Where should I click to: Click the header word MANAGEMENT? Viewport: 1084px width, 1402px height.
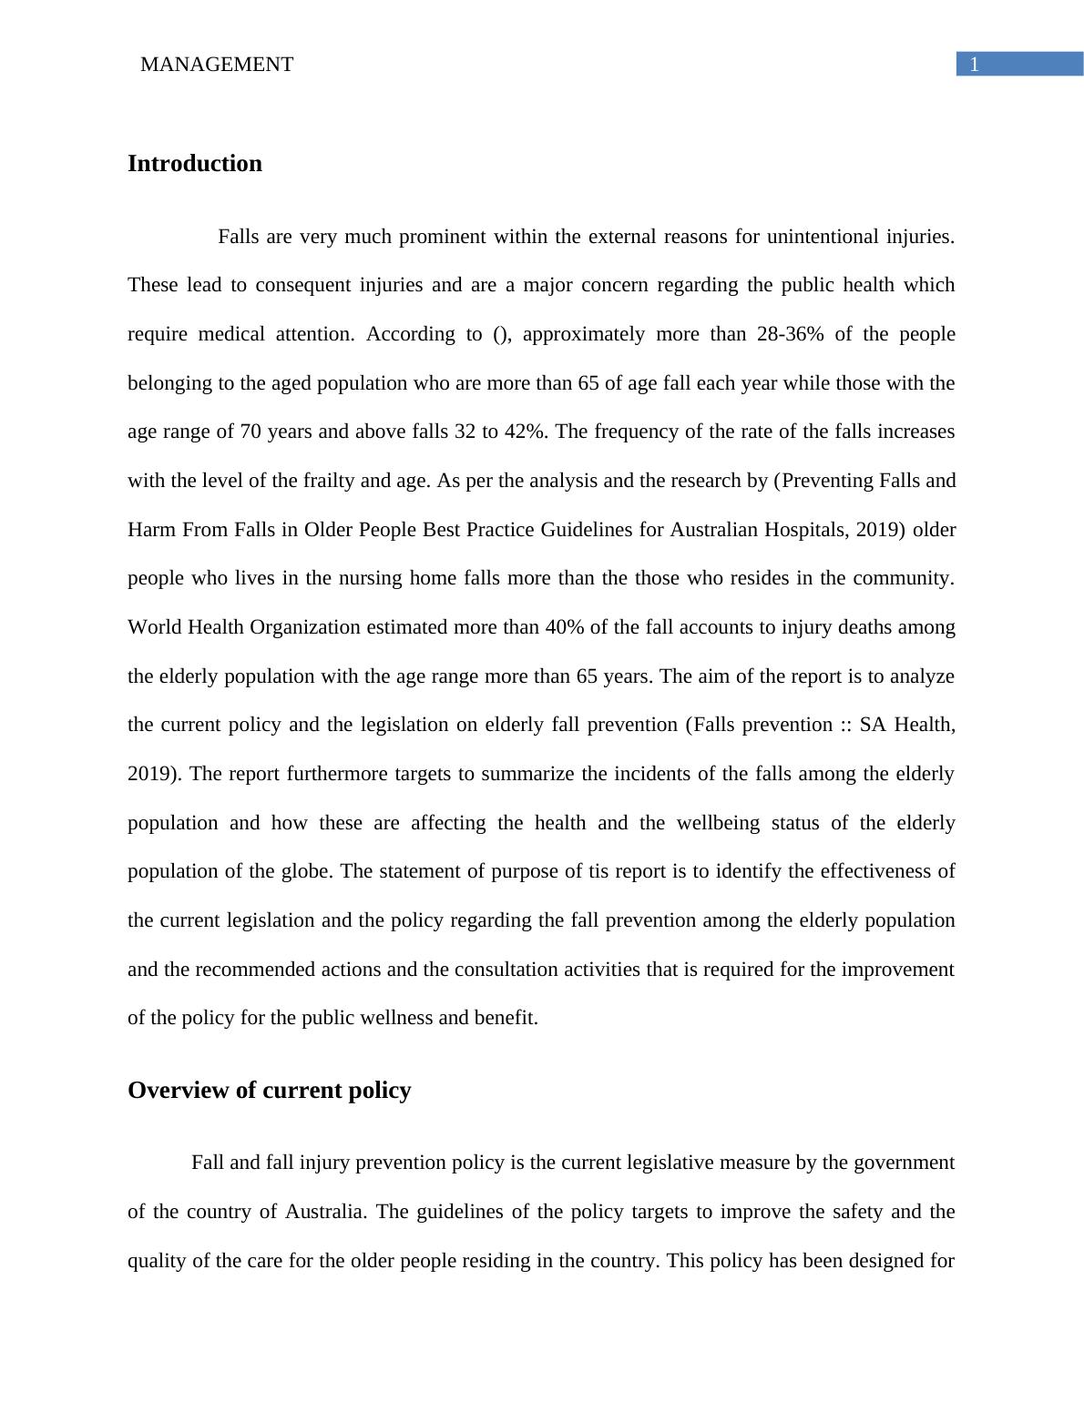point(217,65)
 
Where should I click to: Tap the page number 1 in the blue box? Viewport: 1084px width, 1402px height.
point(974,65)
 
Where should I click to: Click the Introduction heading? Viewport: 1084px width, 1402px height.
point(194,164)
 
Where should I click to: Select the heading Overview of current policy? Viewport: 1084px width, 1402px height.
point(269,1091)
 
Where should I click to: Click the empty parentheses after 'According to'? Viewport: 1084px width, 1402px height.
point(501,334)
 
